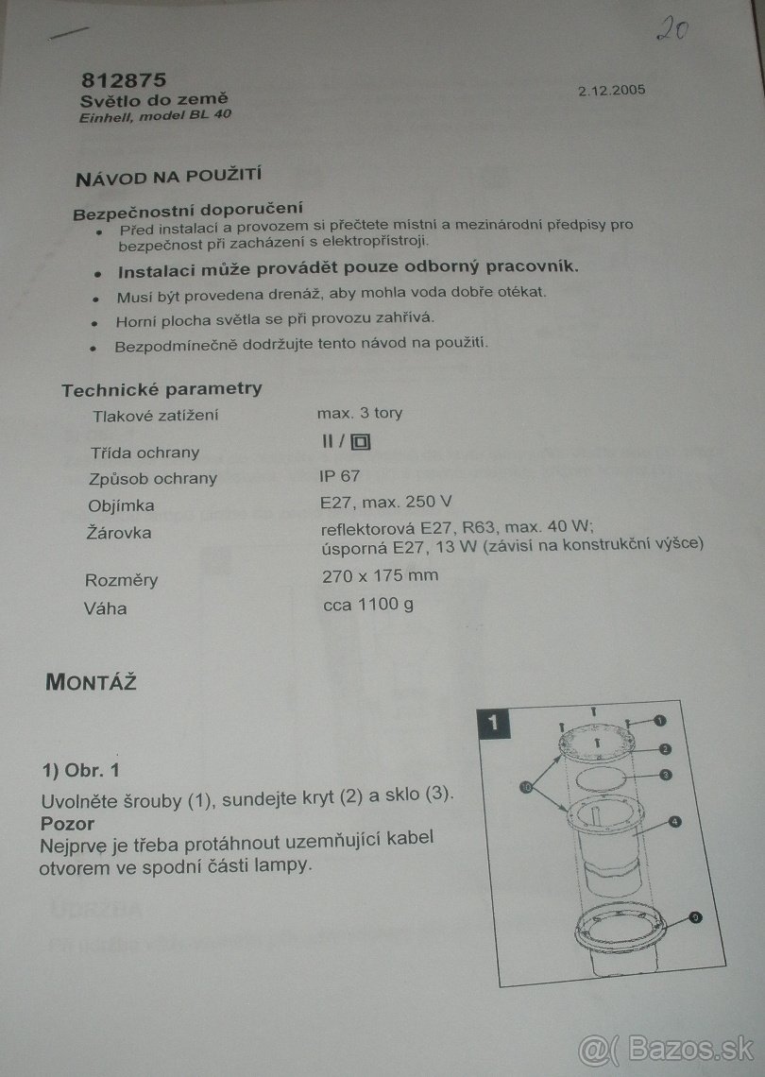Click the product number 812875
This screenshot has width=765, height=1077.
coord(125,80)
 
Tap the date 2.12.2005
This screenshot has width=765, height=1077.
coord(611,90)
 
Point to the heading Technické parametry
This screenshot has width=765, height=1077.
coord(162,389)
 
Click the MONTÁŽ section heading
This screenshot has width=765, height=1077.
coord(91,682)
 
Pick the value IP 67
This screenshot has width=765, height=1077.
coord(339,476)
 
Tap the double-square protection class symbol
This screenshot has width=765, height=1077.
coord(361,441)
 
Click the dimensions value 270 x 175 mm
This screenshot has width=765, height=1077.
coord(380,575)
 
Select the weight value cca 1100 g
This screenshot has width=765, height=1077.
coord(368,605)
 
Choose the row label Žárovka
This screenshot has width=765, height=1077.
coord(119,533)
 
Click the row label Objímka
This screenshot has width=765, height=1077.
coord(122,506)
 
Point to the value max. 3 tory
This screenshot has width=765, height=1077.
coord(360,414)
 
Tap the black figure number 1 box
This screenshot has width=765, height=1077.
coord(493,724)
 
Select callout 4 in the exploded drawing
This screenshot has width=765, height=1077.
coord(675,822)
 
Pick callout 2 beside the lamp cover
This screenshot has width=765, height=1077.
coord(664,749)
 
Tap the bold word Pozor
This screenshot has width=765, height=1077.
coord(67,824)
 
